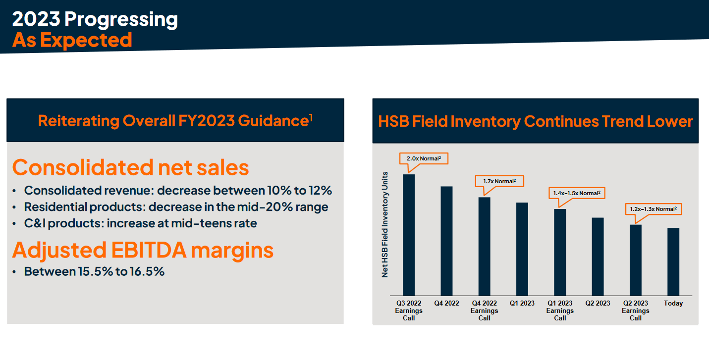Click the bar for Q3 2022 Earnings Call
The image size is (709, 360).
(x=409, y=235)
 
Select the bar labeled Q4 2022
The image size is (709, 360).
(x=446, y=241)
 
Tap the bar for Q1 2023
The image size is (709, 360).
(x=522, y=249)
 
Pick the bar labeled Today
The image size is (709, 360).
(x=673, y=262)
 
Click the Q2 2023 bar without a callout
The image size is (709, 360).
(x=598, y=257)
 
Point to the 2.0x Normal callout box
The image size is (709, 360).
(x=424, y=158)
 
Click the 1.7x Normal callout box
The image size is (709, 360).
(x=499, y=181)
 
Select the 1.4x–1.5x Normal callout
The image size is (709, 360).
(x=577, y=193)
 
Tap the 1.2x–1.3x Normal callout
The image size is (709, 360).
(x=654, y=209)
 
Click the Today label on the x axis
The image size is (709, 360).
(x=673, y=304)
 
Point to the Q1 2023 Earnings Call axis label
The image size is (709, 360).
(x=560, y=310)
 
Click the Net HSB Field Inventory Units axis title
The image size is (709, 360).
(x=384, y=225)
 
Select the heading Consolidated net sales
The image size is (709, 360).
(x=130, y=167)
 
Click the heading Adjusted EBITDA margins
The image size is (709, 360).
(x=143, y=250)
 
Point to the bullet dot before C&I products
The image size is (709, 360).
(x=14, y=224)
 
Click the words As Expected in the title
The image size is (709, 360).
(x=72, y=40)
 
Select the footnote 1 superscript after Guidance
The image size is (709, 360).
(x=311, y=117)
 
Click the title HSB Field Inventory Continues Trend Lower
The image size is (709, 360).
(x=536, y=121)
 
